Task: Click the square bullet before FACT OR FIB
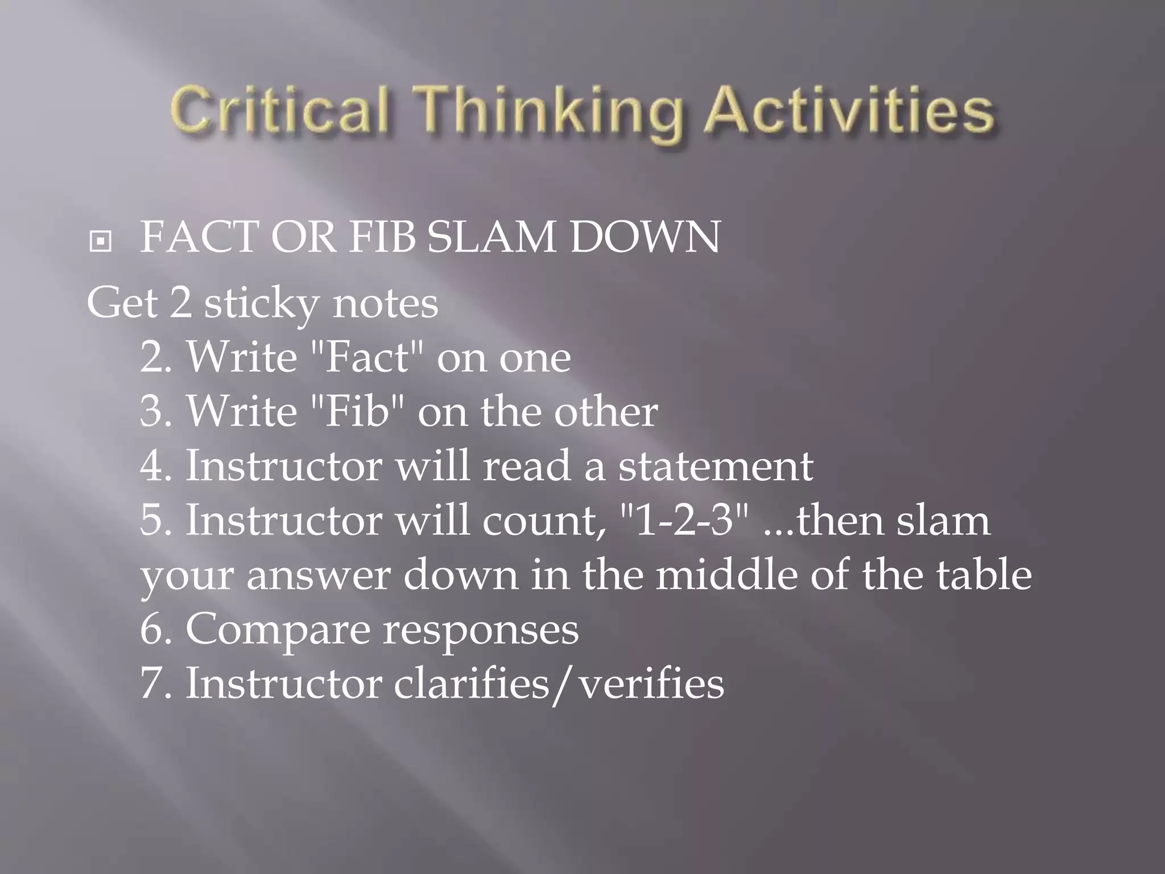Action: [x=100, y=242]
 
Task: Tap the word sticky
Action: [x=261, y=305]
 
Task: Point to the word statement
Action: [x=716, y=466]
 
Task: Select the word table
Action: [x=984, y=575]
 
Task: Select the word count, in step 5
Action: [x=544, y=521]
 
